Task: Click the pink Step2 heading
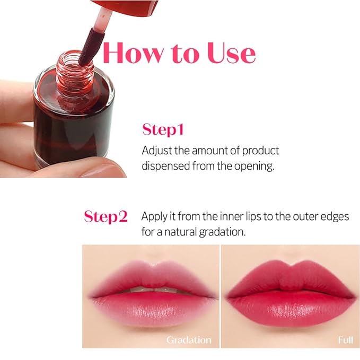pyautogui.click(x=106, y=216)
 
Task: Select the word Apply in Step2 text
pyautogui.click(x=154, y=216)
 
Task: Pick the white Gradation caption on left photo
pyautogui.click(x=189, y=340)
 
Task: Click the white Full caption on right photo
pyautogui.click(x=345, y=340)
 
